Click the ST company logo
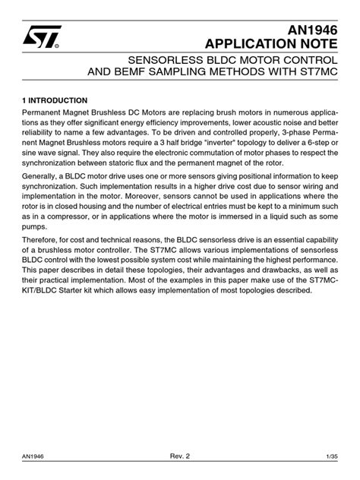[x=38, y=36]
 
